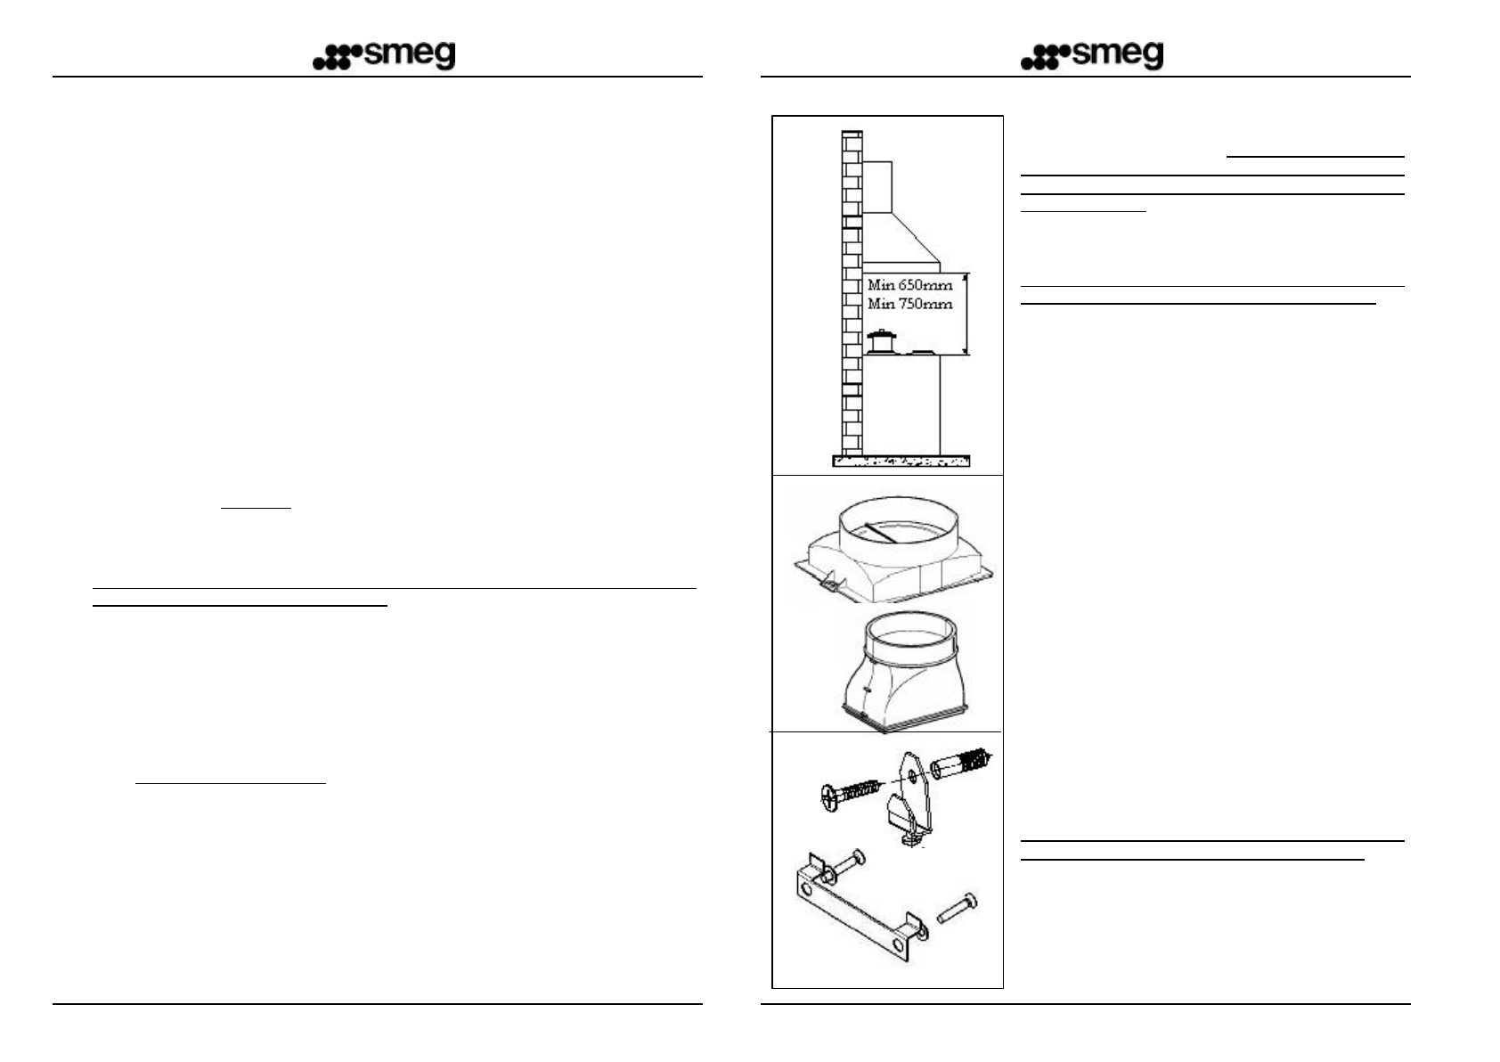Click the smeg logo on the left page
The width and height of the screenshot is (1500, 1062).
(384, 56)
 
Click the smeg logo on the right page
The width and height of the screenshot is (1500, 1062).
(1092, 56)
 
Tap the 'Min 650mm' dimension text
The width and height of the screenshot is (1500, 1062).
(909, 285)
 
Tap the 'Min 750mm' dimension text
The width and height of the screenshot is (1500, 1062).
(909, 304)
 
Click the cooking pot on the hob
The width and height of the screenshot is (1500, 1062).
(881, 341)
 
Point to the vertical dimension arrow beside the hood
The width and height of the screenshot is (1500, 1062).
(967, 314)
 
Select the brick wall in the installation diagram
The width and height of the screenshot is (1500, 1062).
(852, 294)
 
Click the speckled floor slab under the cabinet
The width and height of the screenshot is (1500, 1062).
(901, 461)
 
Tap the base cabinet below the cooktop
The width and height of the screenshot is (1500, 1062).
(901, 405)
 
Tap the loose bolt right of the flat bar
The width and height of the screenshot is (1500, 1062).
(957, 909)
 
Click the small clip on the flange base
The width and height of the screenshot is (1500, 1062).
(827, 584)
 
